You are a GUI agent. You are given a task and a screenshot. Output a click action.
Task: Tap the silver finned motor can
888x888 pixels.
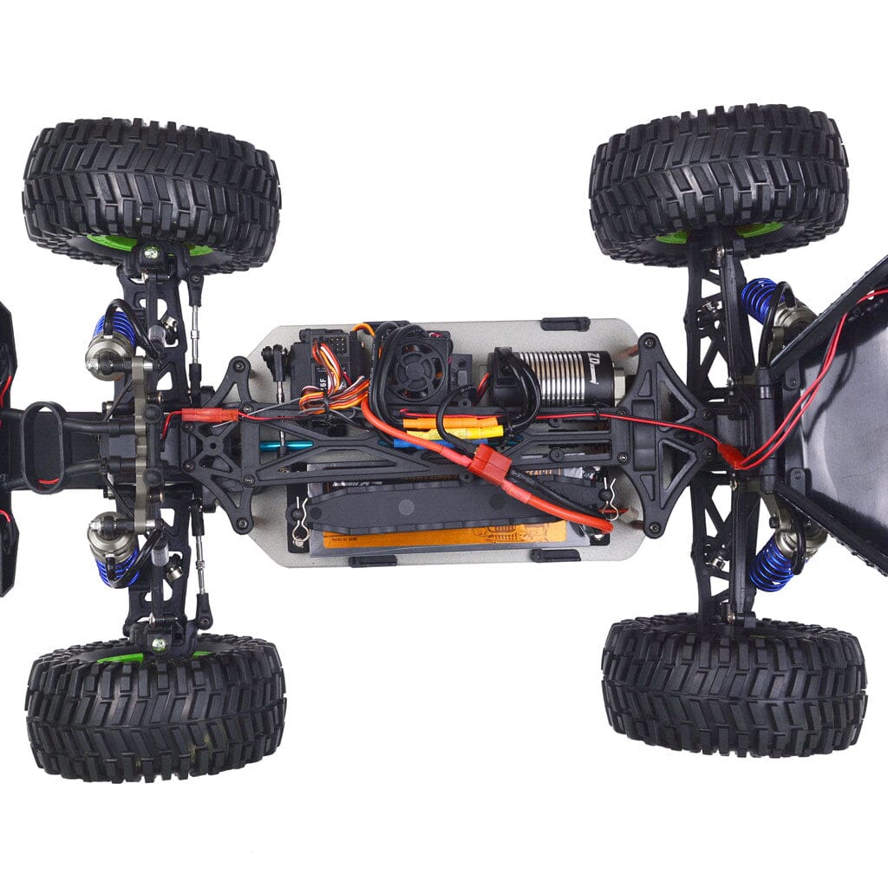tap(556, 376)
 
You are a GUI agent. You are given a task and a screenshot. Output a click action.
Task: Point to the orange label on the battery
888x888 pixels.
tap(442, 535)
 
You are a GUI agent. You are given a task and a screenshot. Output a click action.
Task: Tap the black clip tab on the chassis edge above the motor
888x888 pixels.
tap(565, 324)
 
